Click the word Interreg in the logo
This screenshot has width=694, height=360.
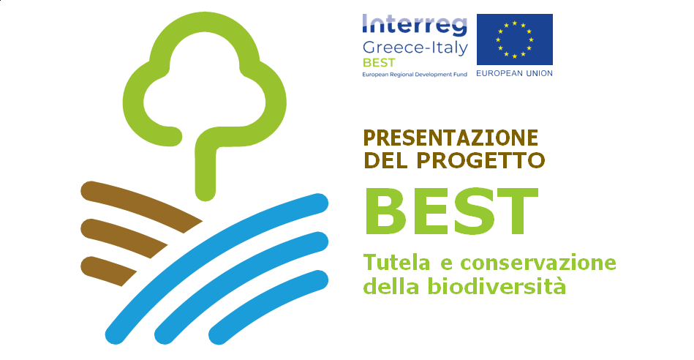click(x=415, y=25)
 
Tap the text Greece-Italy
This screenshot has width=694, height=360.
click(x=415, y=48)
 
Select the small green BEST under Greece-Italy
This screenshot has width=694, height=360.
click(x=378, y=63)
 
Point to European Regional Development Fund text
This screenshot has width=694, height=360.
click(x=415, y=75)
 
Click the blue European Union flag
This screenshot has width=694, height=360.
click(x=515, y=40)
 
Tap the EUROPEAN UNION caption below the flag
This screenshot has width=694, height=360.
click(x=514, y=73)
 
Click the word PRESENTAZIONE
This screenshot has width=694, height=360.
click(x=450, y=138)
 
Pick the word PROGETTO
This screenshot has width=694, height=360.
click(x=480, y=160)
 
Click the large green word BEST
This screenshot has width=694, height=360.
click(x=451, y=211)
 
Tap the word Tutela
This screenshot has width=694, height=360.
click(x=396, y=263)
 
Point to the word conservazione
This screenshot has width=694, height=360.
click(x=538, y=263)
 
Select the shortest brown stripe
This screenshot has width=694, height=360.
click(x=109, y=271)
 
